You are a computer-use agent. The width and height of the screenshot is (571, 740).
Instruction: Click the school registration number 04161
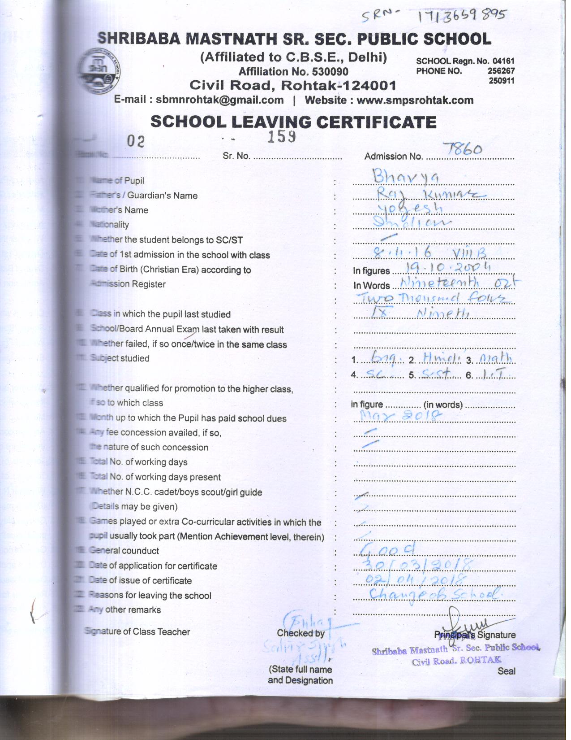503,61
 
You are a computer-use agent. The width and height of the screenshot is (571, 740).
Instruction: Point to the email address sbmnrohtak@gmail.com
219,100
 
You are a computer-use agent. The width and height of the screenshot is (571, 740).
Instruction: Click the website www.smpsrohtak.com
415,100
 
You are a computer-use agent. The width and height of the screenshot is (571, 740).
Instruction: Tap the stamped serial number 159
281,136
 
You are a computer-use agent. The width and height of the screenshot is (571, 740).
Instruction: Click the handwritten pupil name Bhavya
406,176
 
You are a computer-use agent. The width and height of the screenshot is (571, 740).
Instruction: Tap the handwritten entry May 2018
400,416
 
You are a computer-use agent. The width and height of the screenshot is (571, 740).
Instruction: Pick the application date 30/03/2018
416,564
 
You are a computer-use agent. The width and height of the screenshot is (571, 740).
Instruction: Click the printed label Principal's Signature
475,635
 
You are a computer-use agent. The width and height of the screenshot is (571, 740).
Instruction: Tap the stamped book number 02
136,141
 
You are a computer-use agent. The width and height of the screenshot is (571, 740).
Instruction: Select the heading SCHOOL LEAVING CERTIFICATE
293,122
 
